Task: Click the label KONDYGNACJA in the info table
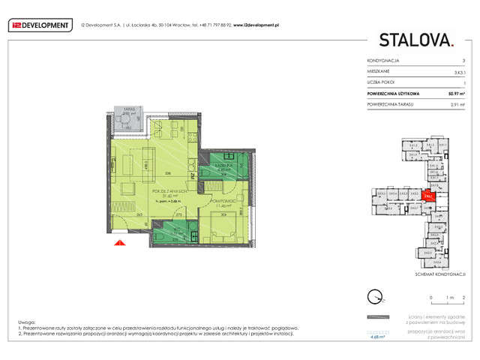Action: point(383,60)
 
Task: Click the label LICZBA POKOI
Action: point(381,82)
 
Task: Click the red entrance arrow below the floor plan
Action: point(118,242)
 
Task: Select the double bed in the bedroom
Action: point(225,223)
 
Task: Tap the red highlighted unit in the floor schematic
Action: point(427,196)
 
